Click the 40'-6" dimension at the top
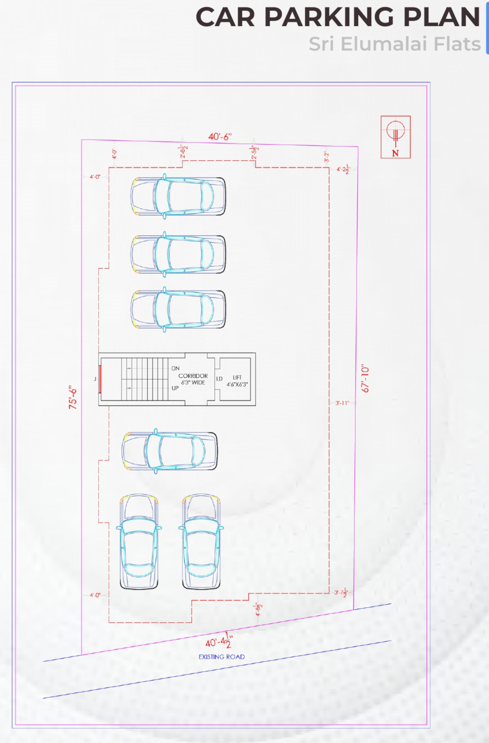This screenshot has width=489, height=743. (x=220, y=137)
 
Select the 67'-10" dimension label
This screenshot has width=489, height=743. (x=365, y=379)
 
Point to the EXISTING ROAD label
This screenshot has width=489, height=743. (x=221, y=657)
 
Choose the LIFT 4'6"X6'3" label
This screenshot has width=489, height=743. (x=237, y=381)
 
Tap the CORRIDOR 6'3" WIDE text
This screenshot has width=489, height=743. (x=193, y=379)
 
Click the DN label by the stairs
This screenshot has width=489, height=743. (x=175, y=368)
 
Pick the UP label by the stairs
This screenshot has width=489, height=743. (x=175, y=388)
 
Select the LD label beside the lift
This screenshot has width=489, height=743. (x=219, y=379)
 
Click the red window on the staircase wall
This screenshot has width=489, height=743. (x=100, y=379)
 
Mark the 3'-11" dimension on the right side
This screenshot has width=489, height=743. (x=342, y=403)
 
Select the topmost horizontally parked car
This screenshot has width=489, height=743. (x=178, y=197)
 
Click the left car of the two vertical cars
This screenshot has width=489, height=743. (x=139, y=542)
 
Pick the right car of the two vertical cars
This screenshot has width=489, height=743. (x=201, y=542)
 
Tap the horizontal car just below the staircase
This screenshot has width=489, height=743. (x=170, y=451)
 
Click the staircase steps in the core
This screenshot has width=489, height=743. (x=145, y=379)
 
